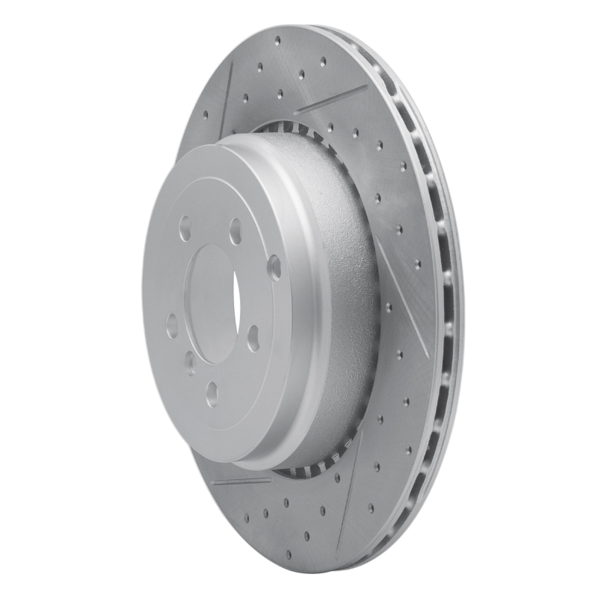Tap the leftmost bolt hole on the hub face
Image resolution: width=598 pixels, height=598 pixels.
(x=172, y=326)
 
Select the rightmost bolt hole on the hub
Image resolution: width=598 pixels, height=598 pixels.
(x=275, y=267)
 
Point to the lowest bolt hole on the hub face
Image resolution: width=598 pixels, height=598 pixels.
(x=213, y=393)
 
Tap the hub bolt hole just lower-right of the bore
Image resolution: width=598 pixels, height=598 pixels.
(x=253, y=338)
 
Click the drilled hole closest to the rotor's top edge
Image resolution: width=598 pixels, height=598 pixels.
(x=277, y=40)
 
